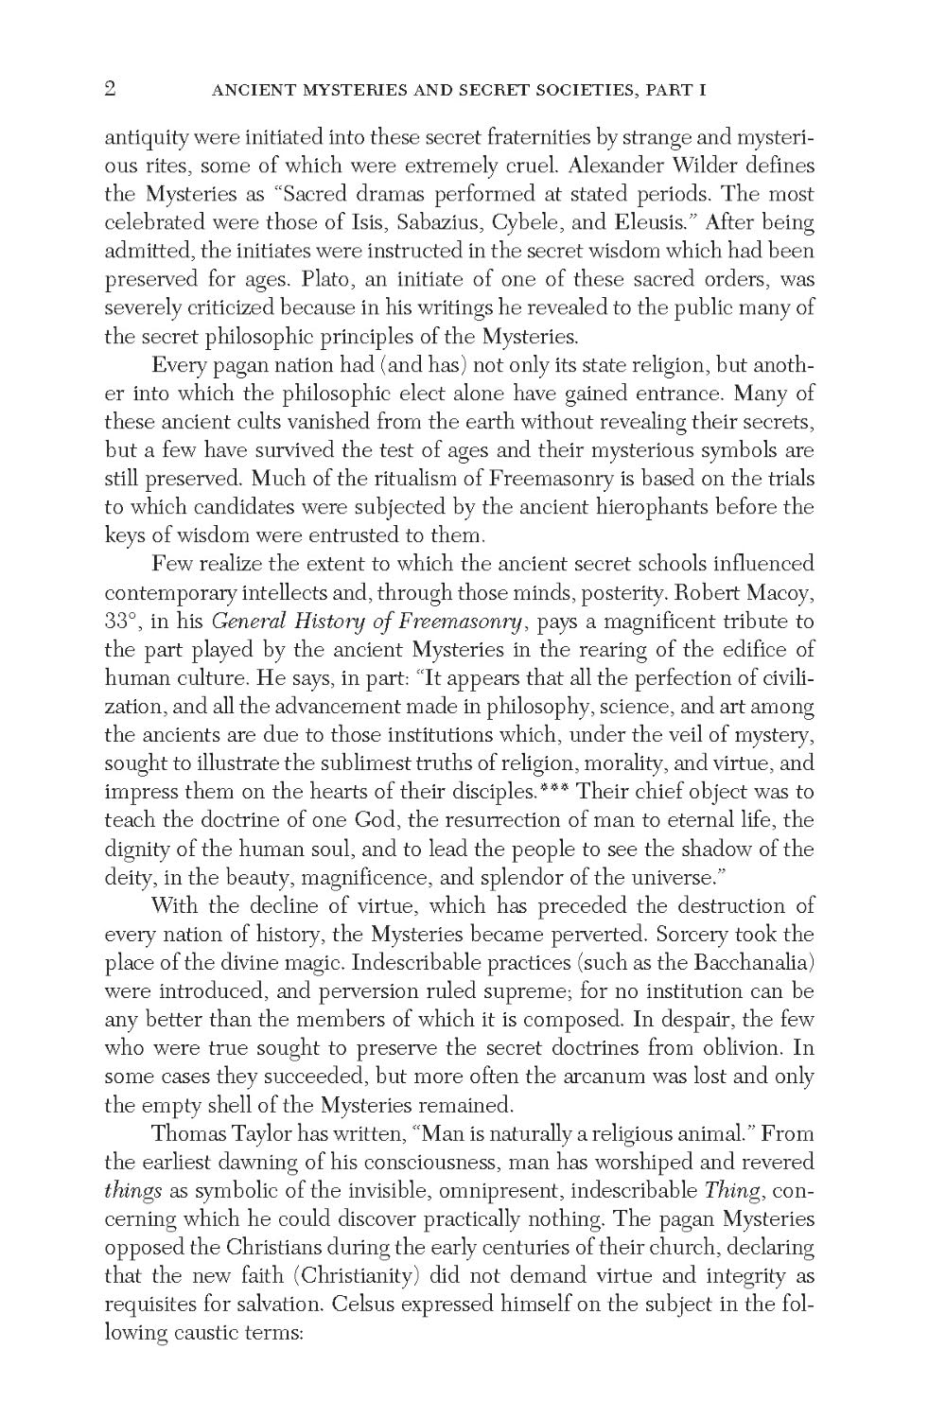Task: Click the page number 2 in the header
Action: (110, 90)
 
